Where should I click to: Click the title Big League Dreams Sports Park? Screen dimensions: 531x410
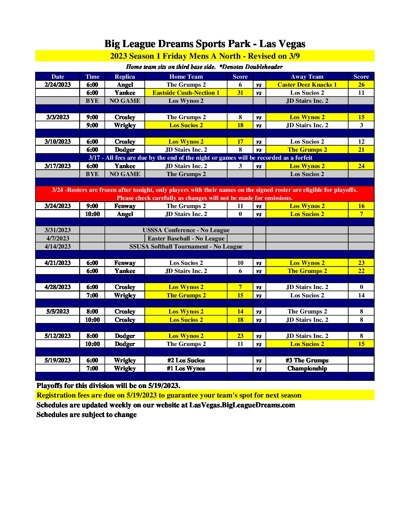coord(205,44)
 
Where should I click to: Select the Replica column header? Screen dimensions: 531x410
coord(125,77)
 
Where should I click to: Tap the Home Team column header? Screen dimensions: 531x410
coord(186,77)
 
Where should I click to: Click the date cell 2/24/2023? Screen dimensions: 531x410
coord(57,85)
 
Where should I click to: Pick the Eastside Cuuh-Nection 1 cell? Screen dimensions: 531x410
coord(186,93)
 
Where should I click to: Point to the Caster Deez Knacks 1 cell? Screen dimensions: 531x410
coord(307,85)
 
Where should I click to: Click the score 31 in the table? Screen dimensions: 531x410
coord(240,93)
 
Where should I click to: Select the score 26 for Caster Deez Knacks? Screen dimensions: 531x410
coord(361,85)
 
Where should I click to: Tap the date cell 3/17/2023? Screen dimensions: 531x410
coord(57,166)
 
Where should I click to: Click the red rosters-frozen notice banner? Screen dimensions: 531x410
coord(205,194)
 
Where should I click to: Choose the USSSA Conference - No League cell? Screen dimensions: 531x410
coord(186,230)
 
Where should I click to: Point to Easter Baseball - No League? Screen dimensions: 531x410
coord(186,238)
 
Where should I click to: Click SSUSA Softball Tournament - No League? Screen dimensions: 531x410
coord(186,246)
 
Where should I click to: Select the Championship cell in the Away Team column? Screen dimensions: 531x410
coord(307,368)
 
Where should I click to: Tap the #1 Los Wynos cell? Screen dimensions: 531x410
coord(186,368)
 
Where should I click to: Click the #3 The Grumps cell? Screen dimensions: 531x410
coord(307,360)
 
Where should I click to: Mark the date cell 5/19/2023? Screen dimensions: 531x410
coord(57,360)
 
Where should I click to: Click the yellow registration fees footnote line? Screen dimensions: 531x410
coord(169,395)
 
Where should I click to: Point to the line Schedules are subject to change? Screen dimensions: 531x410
coord(86,414)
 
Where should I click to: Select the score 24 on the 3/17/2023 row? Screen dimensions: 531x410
coord(361,166)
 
